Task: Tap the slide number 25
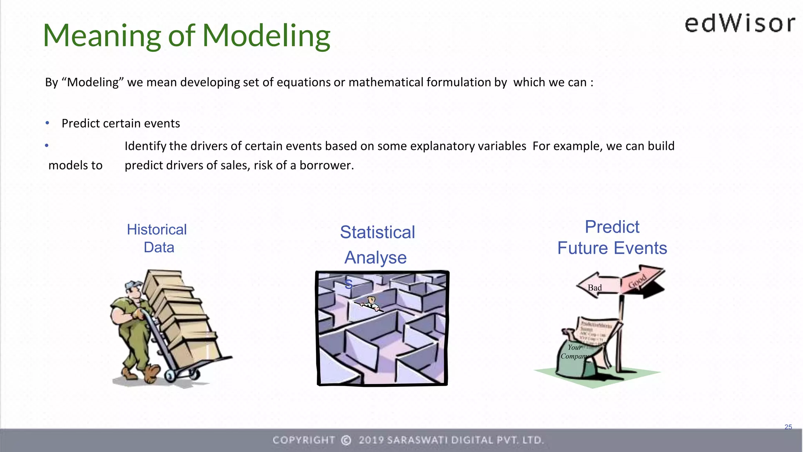tap(788, 427)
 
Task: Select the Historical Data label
tap(157, 238)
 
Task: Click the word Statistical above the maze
tap(377, 232)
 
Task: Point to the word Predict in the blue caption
tap(612, 227)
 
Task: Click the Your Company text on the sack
tap(574, 352)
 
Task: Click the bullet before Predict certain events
tap(47, 123)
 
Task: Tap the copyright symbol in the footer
tap(346, 440)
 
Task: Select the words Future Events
tap(612, 248)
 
